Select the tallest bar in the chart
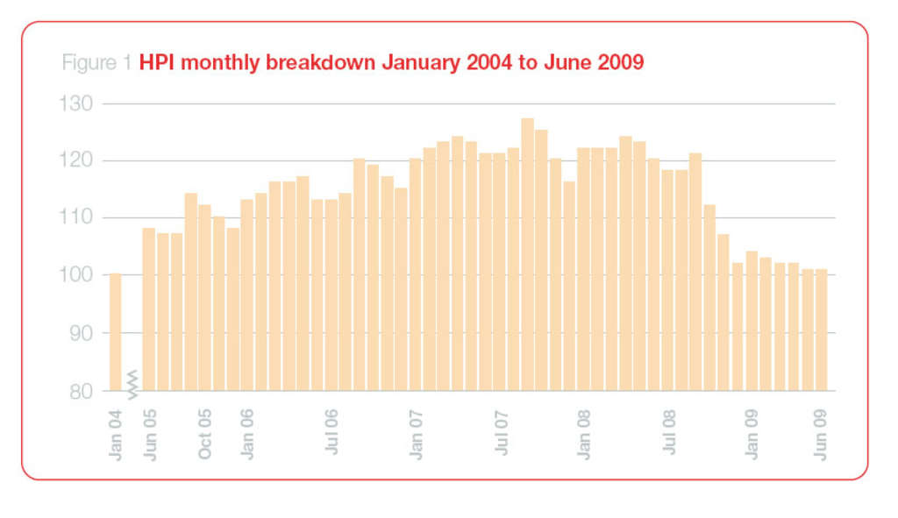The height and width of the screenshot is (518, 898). [527, 254]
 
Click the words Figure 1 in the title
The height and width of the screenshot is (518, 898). [97, 64]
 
